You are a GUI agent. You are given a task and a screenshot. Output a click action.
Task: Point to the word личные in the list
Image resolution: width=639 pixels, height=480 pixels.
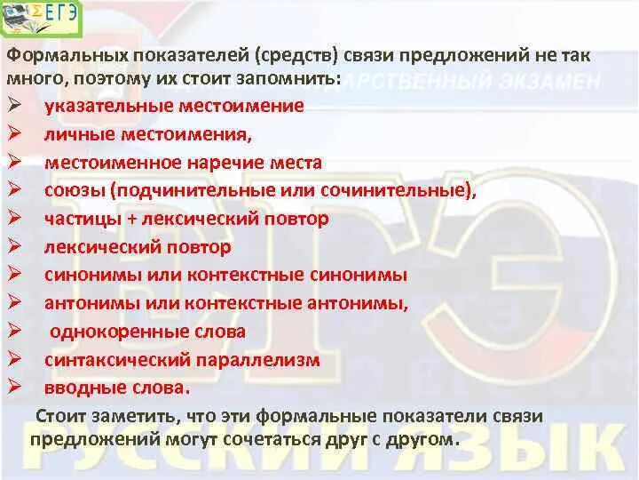[74, 135]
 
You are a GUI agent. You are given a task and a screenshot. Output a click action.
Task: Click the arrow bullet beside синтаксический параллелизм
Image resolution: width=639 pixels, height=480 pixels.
[15, 359]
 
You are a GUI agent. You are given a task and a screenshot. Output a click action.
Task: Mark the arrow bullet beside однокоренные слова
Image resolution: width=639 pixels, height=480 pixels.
[15, 331]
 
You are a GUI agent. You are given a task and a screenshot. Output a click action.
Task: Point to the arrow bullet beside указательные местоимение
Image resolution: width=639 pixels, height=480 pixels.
[15, 106]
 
